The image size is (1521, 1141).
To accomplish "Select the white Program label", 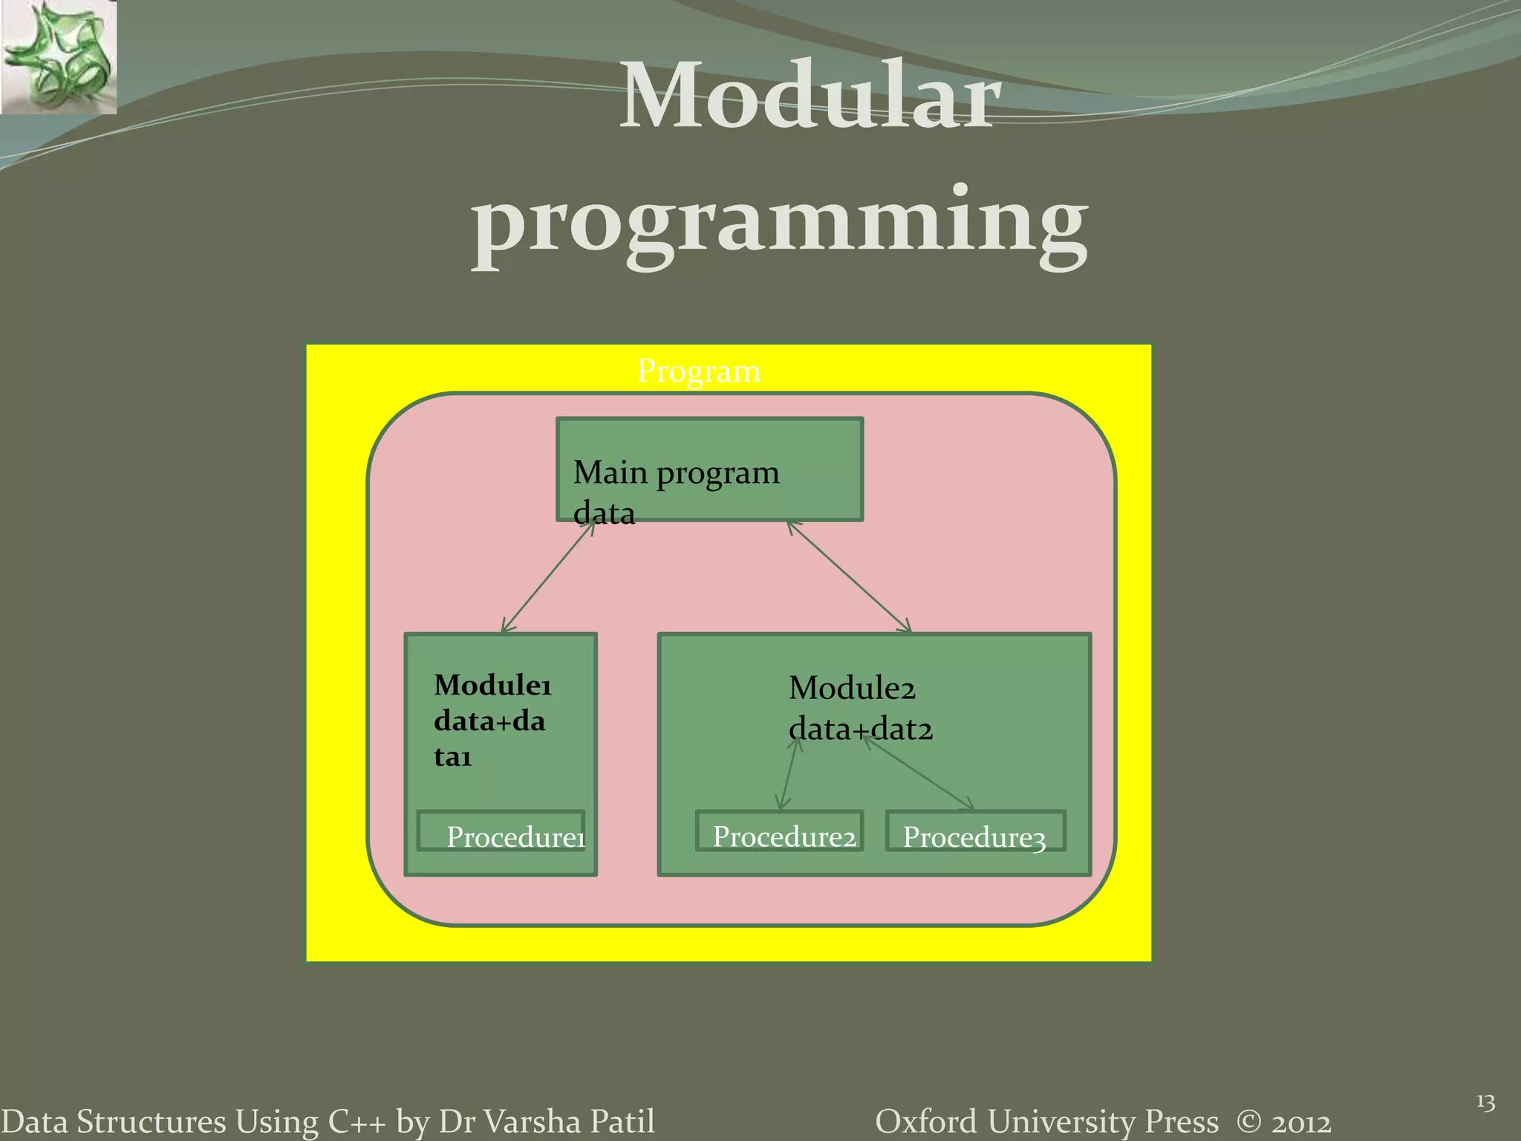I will coord(698,371).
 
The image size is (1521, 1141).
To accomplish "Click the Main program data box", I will coord(709,469).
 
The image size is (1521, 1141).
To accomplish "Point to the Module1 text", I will coord(492,685).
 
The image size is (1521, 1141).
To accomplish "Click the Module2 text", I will coord(851,688).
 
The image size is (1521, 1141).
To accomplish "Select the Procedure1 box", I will coord(501,831).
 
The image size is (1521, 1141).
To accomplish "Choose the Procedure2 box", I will coord(780,831).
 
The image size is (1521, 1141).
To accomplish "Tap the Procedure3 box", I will coord(975,831).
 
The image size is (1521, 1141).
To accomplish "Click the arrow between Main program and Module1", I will coord(548,577).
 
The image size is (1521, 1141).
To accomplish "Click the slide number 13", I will coord(1485,1102).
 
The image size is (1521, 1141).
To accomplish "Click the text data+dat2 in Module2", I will coord(860,729).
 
